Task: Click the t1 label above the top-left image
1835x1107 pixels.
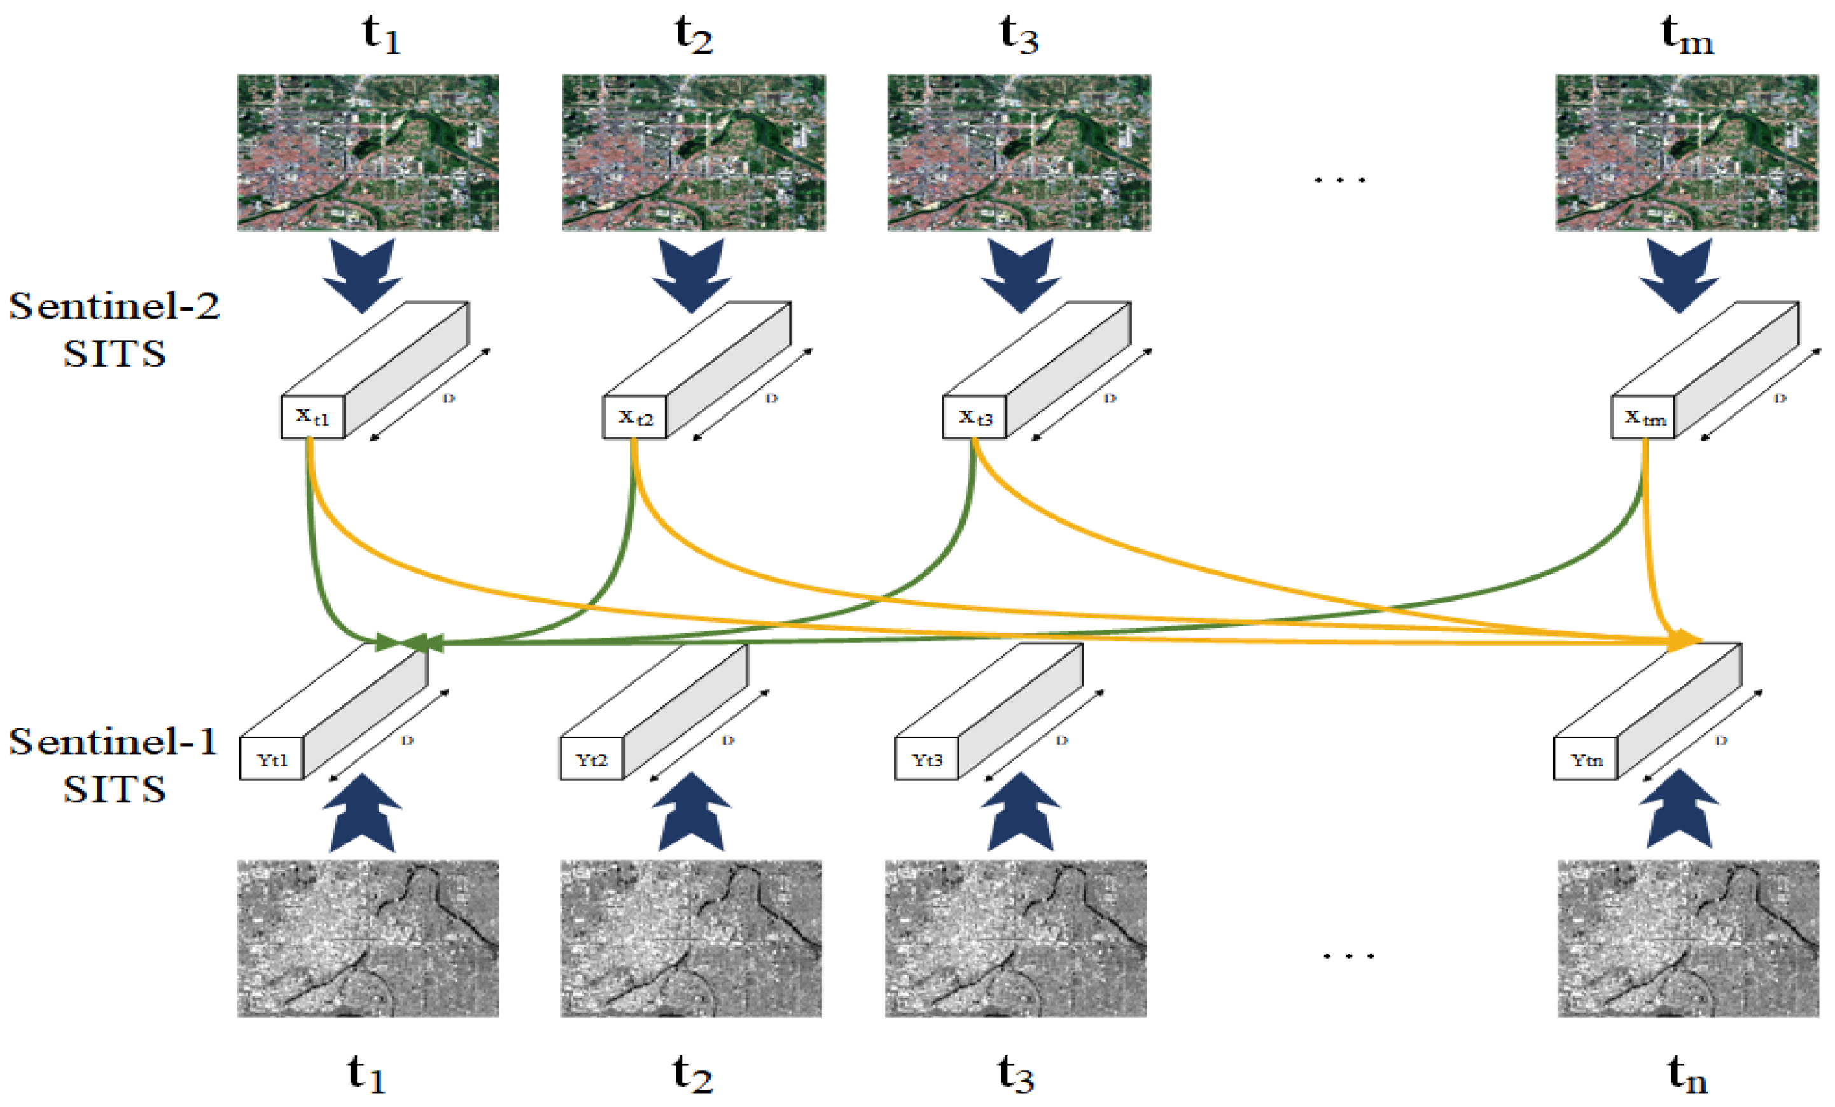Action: point(381,36)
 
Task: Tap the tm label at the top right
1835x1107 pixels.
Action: point(1687,36)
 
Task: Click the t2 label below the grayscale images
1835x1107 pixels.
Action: point(692,1075)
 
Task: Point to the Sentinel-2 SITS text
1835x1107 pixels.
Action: point(114,328)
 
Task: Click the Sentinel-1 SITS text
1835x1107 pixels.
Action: point(114,765)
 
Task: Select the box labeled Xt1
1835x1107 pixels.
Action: point(312,417)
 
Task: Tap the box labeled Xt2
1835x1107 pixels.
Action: point(634,417)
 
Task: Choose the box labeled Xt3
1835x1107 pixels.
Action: point(974,417)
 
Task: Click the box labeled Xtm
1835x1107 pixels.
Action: point(1643,417)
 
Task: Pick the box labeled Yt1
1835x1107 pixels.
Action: point(271,759)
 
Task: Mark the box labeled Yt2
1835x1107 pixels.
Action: point(591,759)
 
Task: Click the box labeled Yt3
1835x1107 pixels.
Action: point(926,759)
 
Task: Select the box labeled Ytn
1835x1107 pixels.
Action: point(1586,759)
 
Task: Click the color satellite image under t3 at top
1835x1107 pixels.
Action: point(1018,152)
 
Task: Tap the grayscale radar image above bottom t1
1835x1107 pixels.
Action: point(367,939)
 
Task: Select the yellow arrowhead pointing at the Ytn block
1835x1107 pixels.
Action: point(1685,640)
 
